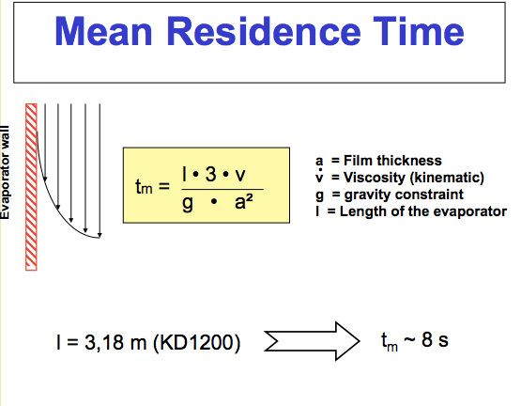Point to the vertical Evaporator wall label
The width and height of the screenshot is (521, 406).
(x=6, y=175)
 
